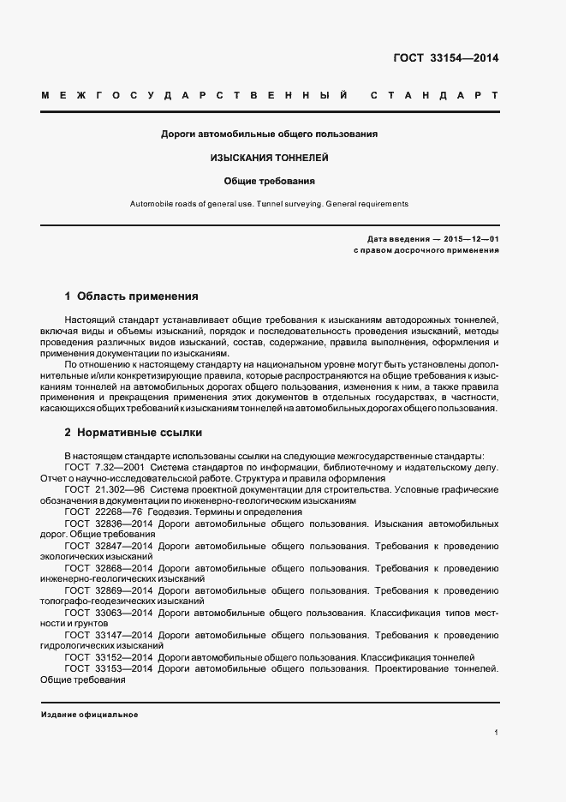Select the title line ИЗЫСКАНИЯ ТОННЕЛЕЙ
pos(270,158)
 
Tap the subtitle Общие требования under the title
pos(270,181)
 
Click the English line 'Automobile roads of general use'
pos(269,204)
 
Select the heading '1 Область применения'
pos(132,296)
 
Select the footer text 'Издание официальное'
pos(89,714)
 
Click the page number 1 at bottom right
pos(496,733)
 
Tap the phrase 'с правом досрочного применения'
pos(426,250)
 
